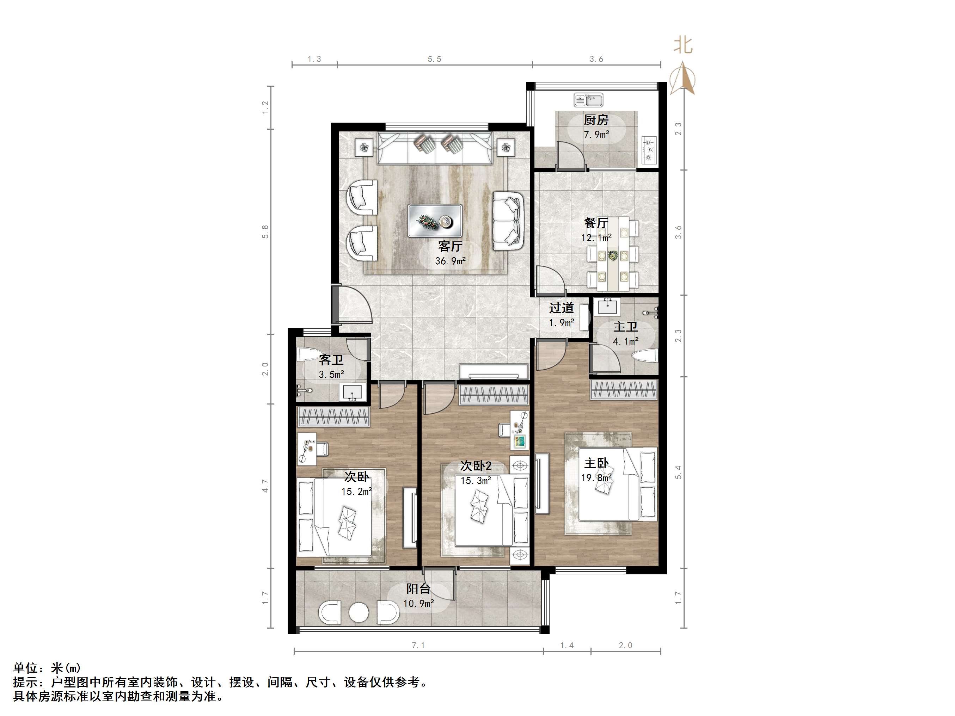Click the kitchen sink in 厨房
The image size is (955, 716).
(588, 100)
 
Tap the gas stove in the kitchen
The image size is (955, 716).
(649, 150)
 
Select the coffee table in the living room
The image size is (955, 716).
(435, 221)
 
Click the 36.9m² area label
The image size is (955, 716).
(450, 261)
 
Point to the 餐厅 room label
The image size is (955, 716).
(596, 223)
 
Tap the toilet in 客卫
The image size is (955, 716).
(309, 355)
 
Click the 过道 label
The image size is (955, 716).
(562, 308)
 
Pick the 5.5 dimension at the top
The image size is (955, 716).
(434, 59)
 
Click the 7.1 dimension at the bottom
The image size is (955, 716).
(418, 645)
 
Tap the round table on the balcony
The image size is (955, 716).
(359, 612)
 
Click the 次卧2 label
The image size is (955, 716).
(476, 466)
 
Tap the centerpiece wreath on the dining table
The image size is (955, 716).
(612, 255)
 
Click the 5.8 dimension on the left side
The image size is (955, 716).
(265, 232)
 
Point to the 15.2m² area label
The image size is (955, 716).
(357, 492)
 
